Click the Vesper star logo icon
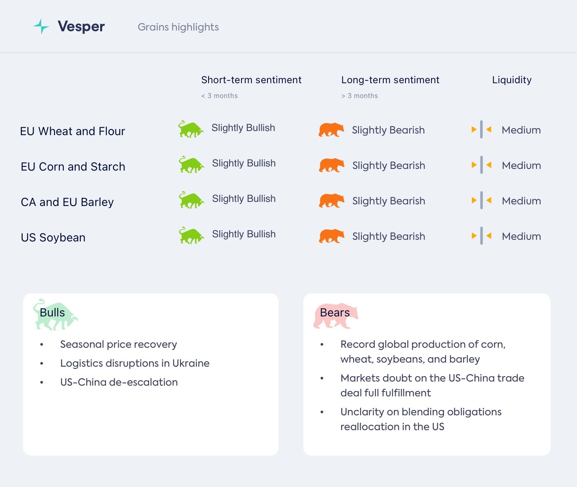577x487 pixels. [x=41, y=26]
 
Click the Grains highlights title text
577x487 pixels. [x=178, y=27]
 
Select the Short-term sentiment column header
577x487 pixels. [x=251, y=80]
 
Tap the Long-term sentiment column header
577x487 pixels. [x=390, y=80]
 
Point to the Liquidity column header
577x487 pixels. [x=511, y=80]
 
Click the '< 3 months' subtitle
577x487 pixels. [x=219, y=96]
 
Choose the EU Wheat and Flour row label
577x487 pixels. [x=73, y=131]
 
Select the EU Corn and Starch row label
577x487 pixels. [x=73, y=167]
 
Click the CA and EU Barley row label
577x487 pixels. [x=67, y=202]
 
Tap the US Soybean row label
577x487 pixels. [x=53, y=238]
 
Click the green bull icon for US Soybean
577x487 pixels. [x=191, y=235]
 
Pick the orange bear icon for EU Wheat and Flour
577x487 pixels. [x=331, y=130]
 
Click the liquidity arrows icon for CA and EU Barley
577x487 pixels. [x=481, y=201]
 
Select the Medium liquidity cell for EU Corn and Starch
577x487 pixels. [x=521, y=166]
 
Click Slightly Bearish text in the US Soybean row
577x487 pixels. [x=389, y=236]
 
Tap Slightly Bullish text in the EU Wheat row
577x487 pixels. [x=243, y=128]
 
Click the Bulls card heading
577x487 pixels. [x=52, y=313]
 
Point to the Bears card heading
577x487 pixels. [x=335, y=313]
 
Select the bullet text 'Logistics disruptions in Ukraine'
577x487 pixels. [x=135, y=363]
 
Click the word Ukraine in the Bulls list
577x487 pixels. [x=191, y=363]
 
